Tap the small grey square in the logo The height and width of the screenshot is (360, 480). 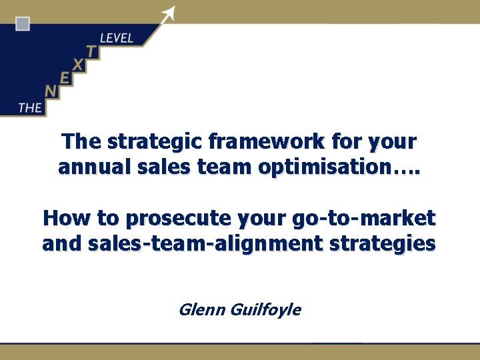[x=23, y=25]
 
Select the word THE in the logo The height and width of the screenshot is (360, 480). [x=30, y=107]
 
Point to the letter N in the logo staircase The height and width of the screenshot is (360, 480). [x=50, y=92]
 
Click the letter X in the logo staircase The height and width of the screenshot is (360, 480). [x=79, y=65]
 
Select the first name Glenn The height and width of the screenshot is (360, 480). [x=201, y=309]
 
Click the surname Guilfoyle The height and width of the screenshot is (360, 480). [x=265, y=310]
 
